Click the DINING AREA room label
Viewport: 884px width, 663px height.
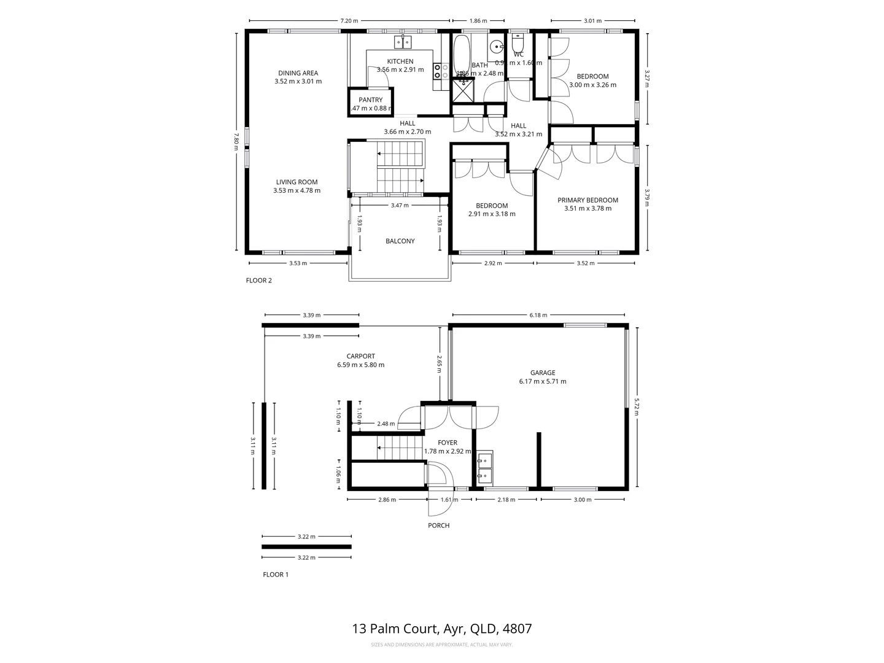(x=298, y=73)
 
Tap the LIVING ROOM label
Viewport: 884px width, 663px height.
(x=297, y=182)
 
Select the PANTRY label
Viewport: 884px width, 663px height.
(x=370, y=99)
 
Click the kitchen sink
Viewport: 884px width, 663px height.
(x=402, y=42)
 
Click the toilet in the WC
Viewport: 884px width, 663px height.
(x=518, y=44)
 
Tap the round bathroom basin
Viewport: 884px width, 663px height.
(x=497, y=45)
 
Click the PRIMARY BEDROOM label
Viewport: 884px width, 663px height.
(x=587, y=200)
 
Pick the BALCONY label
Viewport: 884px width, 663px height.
(x=400, y=241)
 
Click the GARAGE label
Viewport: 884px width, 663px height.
(x=543, y=373)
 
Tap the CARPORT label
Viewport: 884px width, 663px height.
(x=360, y=356)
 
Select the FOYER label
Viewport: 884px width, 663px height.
(x=448, y=443)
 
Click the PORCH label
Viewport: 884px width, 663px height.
(x=439, y=525)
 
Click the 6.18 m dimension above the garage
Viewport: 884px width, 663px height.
(x=538, y=316)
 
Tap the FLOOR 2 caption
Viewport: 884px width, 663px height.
(x=258, y=281)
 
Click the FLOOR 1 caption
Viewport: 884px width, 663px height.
(x=276, y=575)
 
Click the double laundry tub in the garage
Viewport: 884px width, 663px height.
(x=484, y=466)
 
